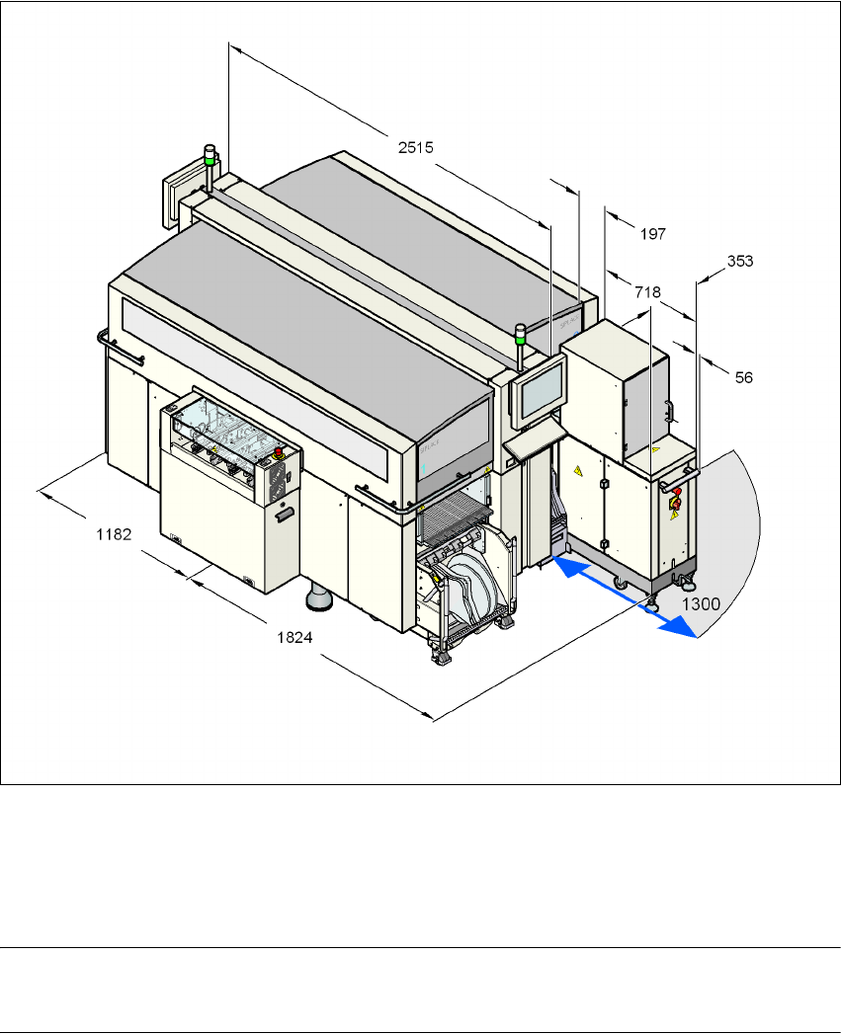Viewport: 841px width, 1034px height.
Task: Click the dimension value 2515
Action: (416, 148)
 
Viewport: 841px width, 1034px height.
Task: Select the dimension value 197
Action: (653, 234)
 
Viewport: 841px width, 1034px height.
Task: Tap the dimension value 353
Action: (740, 261)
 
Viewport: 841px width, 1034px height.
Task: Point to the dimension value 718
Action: (647, 292)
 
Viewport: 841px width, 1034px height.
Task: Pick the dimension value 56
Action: (744, 378)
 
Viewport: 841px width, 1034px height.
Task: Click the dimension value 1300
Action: (701, 604)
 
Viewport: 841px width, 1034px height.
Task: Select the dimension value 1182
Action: (115, 534)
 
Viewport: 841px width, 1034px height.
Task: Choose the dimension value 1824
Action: (294, 638)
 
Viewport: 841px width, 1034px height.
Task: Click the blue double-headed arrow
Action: (624, 597)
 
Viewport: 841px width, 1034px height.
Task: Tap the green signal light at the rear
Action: (210, 155)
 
